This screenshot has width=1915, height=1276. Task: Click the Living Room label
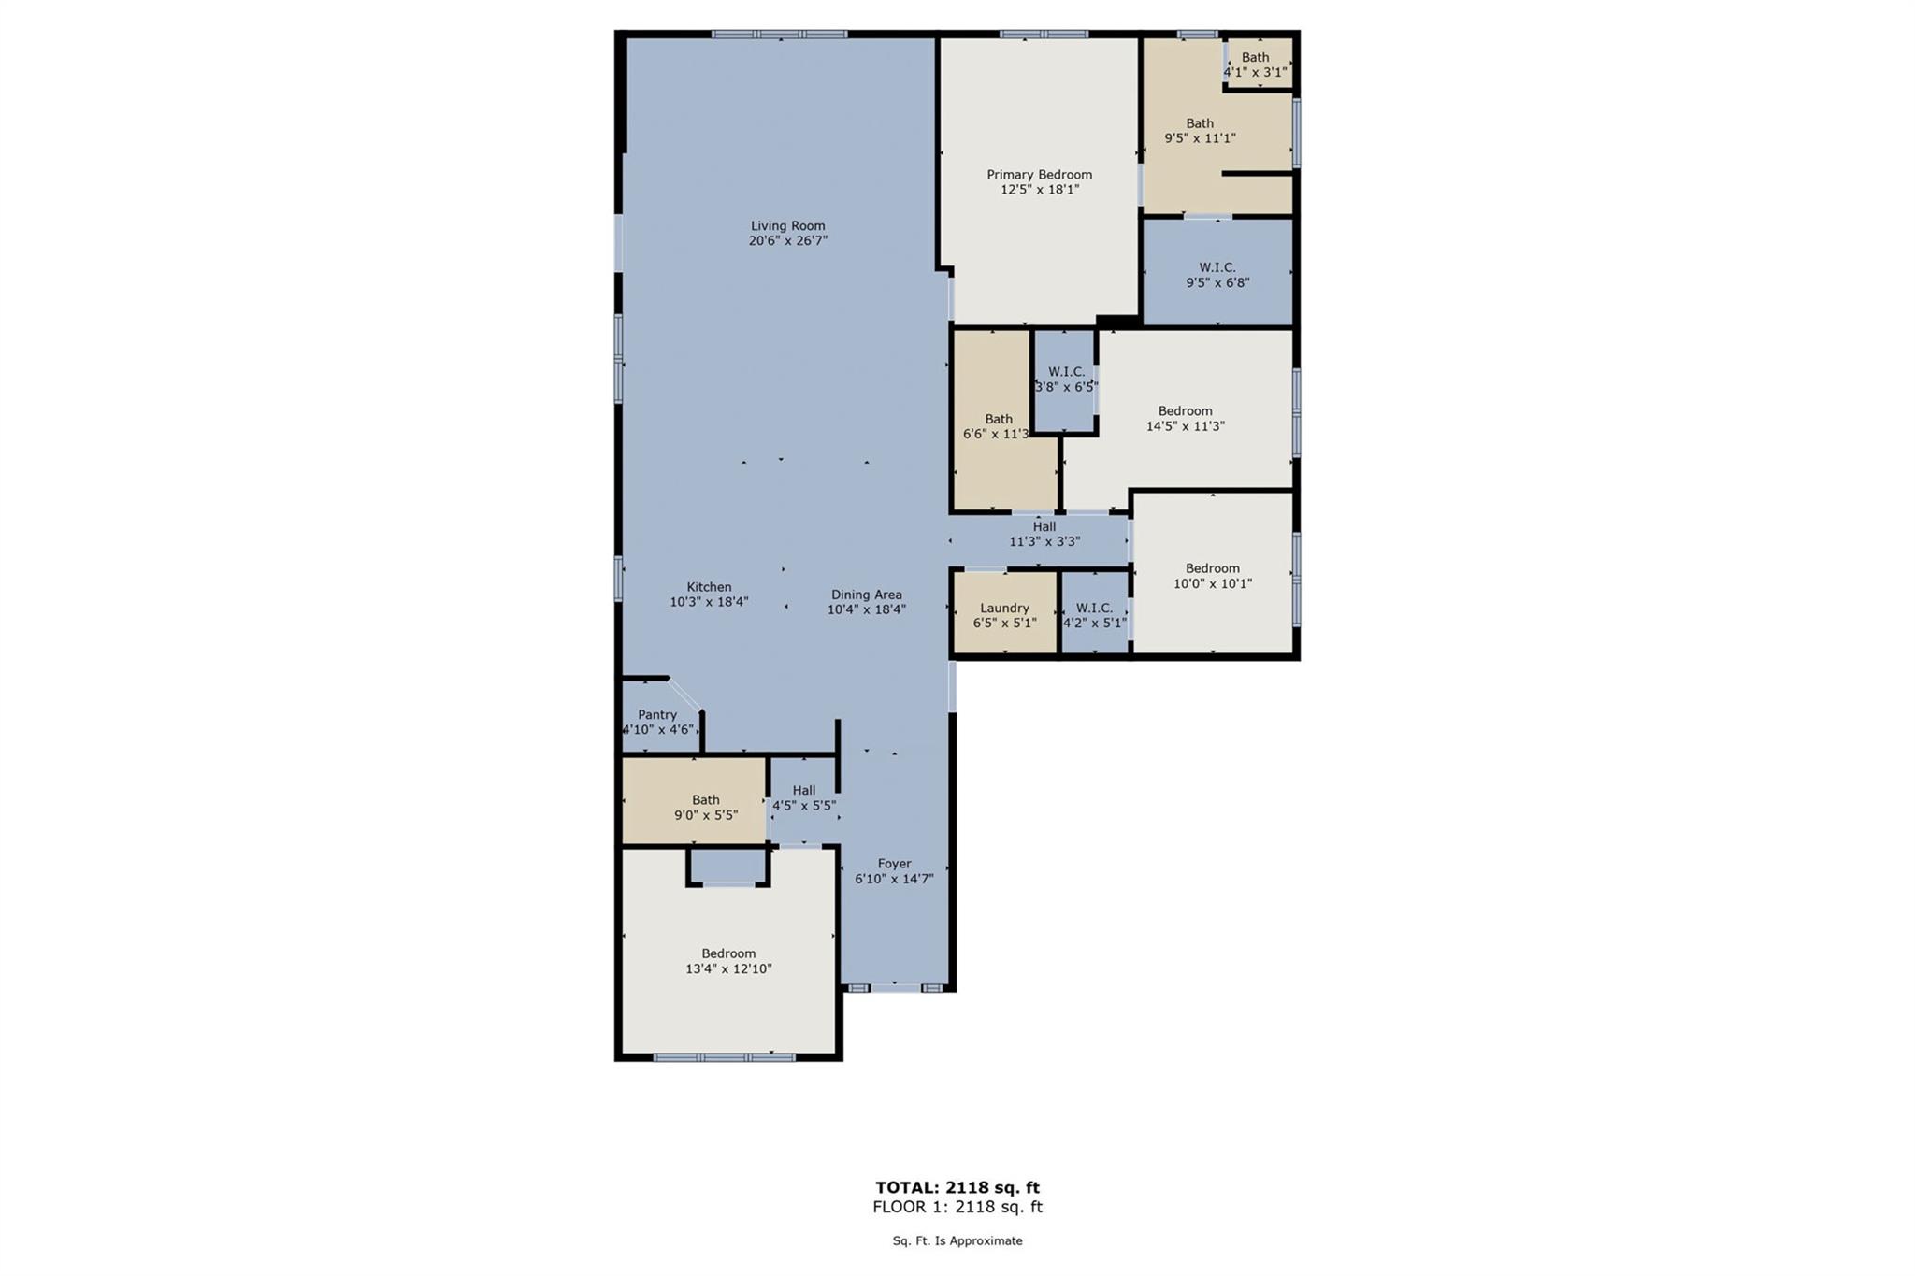click(x=787, y=225)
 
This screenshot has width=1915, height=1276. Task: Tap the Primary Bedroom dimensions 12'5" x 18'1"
click(x=1039, y=190)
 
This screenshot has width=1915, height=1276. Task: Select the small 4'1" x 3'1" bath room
click(x=1256, y=64)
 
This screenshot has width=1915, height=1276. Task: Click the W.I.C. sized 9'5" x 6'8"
click(x=1217, y=275)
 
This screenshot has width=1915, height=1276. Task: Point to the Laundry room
click(x=1004, y=614)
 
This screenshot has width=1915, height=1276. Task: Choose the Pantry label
click(x=657, y=714)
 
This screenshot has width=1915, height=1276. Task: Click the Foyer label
click(x=894, y=864)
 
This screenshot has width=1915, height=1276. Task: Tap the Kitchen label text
click(x=709, y=587)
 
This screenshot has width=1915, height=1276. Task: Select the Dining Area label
click(x=866, y=595)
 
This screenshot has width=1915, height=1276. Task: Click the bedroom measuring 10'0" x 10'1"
click(x=1213, y=576)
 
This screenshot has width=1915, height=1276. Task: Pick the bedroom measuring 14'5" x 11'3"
click(x=1185, y=418)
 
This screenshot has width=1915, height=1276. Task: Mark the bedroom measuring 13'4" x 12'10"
click(x=728, y=961)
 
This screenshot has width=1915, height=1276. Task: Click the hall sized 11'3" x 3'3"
click(x=1044, y=534)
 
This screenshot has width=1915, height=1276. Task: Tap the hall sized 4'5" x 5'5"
click(x=803, y=797)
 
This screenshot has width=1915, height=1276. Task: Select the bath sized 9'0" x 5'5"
click(x=706, y=807)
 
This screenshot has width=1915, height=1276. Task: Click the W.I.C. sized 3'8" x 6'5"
click(x=1066, y=379)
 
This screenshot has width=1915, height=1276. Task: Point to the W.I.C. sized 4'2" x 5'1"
click(x=1094, y=614)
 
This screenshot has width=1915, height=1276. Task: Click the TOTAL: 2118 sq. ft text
click(x=957, y=1187)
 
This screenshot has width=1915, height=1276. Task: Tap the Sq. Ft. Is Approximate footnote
click(x=957, y=1240)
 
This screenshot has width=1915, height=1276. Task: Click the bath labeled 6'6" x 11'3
click(x=998, y=426)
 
